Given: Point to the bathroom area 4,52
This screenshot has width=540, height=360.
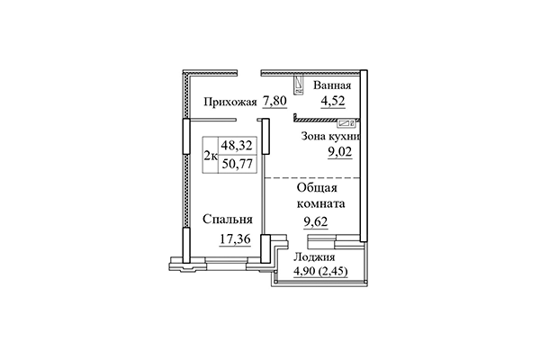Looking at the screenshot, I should coord(330,101).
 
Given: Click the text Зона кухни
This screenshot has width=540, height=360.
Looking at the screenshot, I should coord(329,138).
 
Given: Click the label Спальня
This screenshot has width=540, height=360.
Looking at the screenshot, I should coord(227,219).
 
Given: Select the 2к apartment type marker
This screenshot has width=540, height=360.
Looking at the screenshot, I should coord(210,155).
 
